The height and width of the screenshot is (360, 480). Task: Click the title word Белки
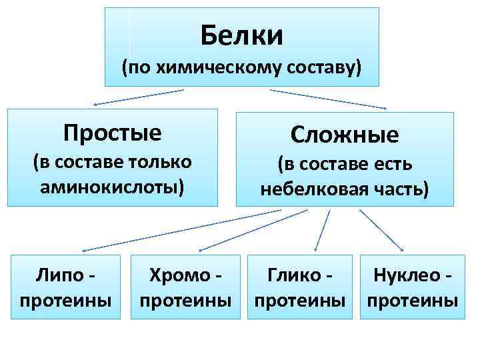point(241,35)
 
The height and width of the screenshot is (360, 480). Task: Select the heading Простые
point(112,133)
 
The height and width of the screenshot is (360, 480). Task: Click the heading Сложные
point(345,135)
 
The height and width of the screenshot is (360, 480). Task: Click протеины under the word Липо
point(66,299)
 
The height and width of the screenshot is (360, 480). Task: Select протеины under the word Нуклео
point(412,299)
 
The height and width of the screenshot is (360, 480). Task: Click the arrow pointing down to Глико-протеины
point(323,230)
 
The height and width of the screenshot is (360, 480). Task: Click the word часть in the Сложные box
point(399,188)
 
